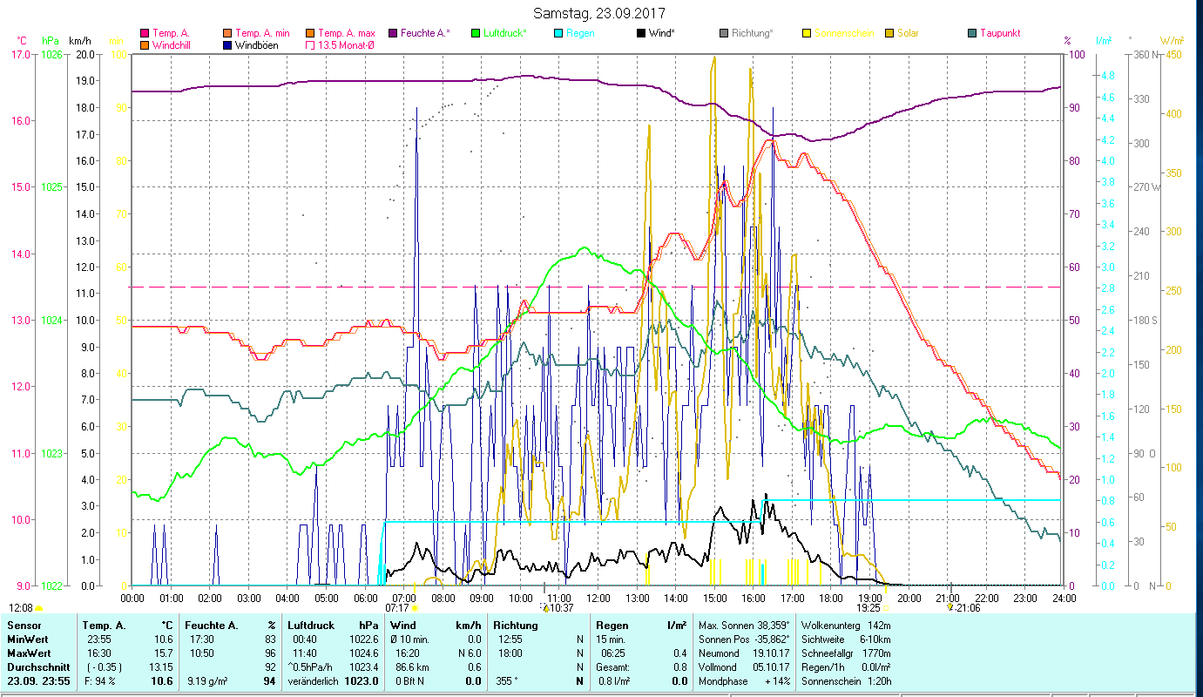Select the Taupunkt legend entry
(999, 33)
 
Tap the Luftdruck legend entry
(505, 33)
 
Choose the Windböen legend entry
(256, 45)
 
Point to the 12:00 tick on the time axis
(598, 598)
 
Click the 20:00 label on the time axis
(909, 598)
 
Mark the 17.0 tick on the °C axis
(19, 54)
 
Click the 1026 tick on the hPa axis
(51, 54)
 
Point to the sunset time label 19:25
(868, 608)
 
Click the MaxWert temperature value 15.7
(162, 653)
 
